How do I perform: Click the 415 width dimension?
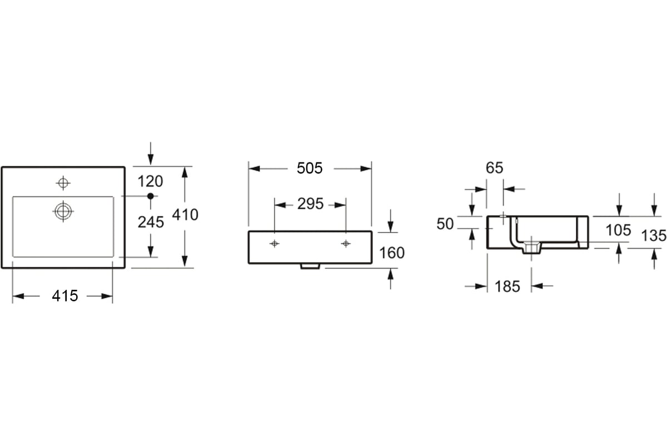(x=65, y=296)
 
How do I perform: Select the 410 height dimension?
(x=185, y=215)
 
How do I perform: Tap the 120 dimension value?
(x=151, y=181)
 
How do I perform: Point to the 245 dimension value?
(x=151, y=222)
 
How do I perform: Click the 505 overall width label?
(x=310, y=168)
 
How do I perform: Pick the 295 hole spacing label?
(x=310, y=204)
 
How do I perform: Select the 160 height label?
(x=392, y=253)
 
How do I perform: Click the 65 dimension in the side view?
(x=495, y=168)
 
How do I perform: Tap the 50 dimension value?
(x=445, y=224)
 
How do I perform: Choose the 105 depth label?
(x=619, y=230)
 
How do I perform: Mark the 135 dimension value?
(x=654, y=235)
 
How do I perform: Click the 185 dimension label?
(x=507, y=286)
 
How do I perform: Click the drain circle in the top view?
(x=63, y=211)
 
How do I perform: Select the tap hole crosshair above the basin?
(x=63, y=182)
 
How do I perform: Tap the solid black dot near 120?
(x=151, y=196)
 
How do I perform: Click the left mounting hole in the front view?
(x=274, y=244)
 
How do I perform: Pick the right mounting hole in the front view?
(x=346, y=244)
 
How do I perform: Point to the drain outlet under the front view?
(x=310, y=266)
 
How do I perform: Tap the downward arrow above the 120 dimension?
(x=151, y=154)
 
